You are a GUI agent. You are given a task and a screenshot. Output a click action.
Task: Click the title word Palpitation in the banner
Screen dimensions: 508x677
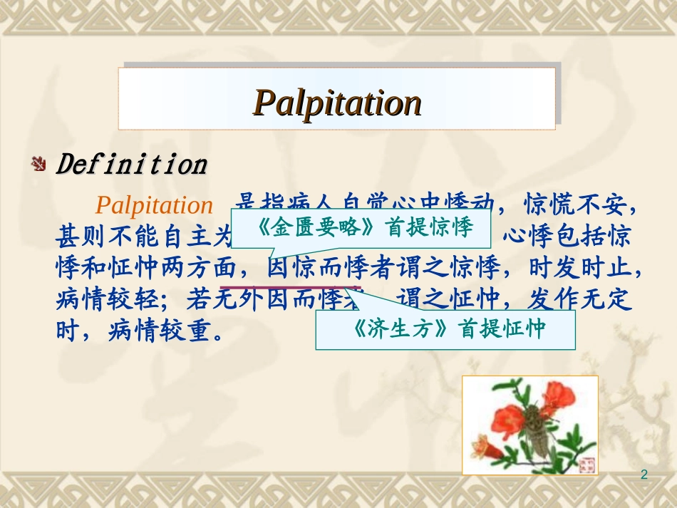(338, 103)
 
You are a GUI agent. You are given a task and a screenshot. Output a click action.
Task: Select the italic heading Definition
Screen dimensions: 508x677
(132, 165)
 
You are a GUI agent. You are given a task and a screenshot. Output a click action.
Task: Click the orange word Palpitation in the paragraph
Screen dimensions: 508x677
(154, 205)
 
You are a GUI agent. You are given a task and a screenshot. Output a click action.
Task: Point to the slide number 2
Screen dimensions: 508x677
(645, 475)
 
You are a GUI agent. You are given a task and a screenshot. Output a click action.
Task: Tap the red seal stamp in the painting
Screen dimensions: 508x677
(587, 464)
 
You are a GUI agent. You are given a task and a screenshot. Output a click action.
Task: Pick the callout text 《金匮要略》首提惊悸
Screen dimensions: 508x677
(363, 228)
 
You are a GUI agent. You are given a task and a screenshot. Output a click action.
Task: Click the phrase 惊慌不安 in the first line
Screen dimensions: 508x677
(577, 205)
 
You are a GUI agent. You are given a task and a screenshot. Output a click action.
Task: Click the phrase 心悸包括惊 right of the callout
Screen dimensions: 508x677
(567, 237)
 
